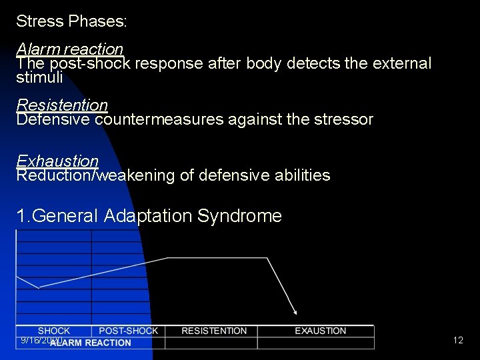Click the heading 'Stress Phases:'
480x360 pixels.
[71, 21]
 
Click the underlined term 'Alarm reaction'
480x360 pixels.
[69, 49]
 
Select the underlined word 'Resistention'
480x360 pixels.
[62, 105]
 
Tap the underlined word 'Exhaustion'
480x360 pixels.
[57, 161]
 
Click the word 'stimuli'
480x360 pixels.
[39, 78]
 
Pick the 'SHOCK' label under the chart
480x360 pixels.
[54, 331]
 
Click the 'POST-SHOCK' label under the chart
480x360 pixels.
[129, 331]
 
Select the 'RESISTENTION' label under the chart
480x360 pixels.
[214, 331]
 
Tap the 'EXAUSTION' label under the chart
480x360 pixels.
[321, 331]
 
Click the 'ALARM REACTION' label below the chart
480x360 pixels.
[91, 343]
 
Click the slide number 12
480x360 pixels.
[458, 341]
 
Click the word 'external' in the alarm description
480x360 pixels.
[398, 64]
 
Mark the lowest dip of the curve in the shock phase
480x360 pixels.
[39, 287]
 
